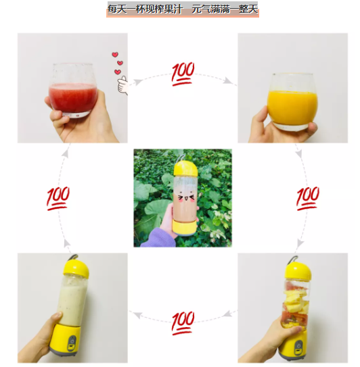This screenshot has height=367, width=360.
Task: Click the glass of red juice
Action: [x=73, y=91]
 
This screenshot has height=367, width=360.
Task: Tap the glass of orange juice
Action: [x=292, y=101]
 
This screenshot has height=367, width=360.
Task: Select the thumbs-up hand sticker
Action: [x=122, y=85]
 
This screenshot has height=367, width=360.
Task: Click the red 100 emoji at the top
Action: [x=183, y=74]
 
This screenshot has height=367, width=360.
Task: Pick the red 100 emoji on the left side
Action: [x=58, y=199]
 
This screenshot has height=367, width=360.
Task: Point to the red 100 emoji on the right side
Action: [x=308, y=199]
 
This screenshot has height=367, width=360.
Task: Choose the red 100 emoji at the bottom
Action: [x=183, y=323]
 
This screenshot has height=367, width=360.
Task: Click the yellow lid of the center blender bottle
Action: [x=185, y=168]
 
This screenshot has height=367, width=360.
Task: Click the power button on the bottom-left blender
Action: [x=72, y=340]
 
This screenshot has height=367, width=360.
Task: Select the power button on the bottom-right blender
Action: [x=299, y=345]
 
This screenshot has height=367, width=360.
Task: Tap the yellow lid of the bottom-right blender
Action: [x=298, y=271]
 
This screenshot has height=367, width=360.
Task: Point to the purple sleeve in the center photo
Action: [x=160, y=238]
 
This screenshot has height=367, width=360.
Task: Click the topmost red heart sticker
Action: [x=115, y=55]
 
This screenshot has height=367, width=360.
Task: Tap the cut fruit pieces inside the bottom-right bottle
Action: [x=295, y=304]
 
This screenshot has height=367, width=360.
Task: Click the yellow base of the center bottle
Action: [x=184, y=227]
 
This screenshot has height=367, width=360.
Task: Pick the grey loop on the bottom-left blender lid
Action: [x=72, y=258]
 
